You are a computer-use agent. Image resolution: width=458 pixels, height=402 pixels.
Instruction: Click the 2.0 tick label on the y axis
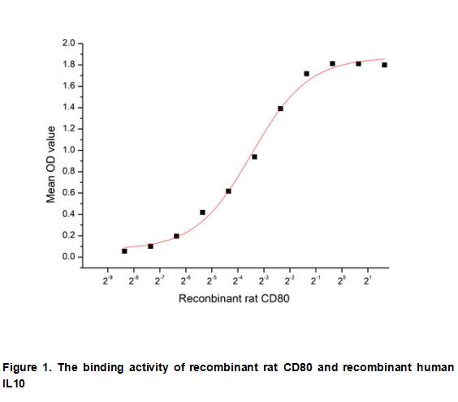[69, 43]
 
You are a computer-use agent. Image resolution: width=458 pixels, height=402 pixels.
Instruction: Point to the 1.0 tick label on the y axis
[69, 150]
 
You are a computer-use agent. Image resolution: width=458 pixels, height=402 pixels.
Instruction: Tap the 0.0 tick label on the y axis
[69, 258]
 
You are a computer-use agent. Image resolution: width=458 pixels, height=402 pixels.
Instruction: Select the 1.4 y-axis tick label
[69, 107]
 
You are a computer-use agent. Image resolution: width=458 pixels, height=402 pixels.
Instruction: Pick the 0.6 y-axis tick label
[69, 193]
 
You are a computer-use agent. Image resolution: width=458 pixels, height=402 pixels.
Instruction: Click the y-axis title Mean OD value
[50, 165]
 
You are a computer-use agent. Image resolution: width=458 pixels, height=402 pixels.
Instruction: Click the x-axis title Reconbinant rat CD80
[235, 299]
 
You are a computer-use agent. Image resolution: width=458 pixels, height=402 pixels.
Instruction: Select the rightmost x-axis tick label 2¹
[368, 280]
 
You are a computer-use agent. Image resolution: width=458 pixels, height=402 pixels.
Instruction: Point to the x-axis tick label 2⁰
[342, 280]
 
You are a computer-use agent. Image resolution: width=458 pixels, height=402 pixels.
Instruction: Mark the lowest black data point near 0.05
[124, 251]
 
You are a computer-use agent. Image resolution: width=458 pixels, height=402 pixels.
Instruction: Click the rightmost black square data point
[384, 65]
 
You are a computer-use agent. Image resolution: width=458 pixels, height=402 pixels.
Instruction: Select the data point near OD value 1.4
[280, 109]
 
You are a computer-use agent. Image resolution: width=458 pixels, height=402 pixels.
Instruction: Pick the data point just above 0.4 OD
[202, 212]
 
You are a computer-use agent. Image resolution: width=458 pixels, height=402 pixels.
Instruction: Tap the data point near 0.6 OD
[228, 191]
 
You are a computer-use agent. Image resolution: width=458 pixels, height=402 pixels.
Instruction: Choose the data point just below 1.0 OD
[254, 156]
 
